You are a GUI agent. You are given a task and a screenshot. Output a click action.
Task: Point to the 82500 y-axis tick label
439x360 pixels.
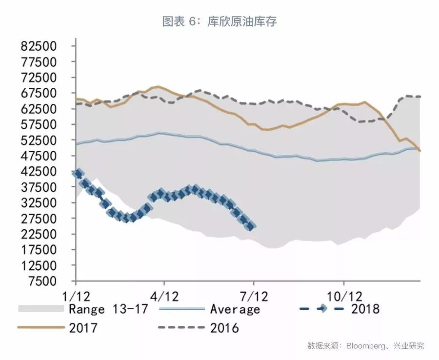[x=40, y=47]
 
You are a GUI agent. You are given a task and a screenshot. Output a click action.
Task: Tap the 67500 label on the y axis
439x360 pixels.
[x=40, y=94]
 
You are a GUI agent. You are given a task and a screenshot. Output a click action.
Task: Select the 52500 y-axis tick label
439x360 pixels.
[x=40, y=140]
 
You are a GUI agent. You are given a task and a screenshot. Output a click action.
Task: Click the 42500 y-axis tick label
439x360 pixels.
[x=40, y=172]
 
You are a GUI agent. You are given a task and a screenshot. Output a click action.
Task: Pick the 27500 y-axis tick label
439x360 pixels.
[x=40, y=219]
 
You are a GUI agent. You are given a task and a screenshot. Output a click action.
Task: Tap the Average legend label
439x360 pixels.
[x=235, y=309]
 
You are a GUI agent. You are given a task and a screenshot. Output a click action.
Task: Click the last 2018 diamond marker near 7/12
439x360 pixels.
[x=251, y=226]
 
